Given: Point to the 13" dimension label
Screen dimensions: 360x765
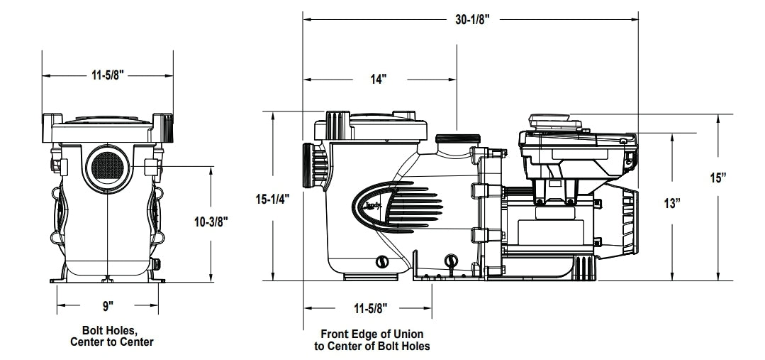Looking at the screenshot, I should point(671,204).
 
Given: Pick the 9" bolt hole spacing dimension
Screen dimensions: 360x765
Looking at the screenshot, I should point(108,306).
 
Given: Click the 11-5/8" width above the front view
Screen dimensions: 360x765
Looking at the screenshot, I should point(108,74).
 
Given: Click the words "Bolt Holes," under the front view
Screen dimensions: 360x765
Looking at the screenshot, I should point(111,331).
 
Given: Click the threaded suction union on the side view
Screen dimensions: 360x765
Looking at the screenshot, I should point(311,166).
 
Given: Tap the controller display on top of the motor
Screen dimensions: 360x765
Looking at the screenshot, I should point(555,124).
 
